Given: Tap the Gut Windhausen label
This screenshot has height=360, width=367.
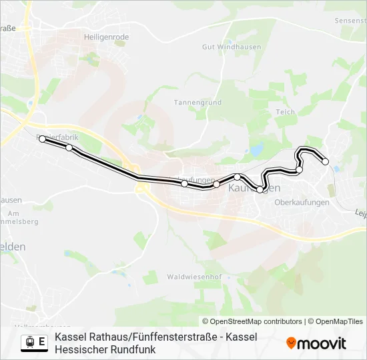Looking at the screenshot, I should (229, 47).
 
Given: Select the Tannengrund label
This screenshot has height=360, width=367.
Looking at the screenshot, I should (198, 103).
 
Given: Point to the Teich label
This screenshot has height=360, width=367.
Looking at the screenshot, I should (285, 112).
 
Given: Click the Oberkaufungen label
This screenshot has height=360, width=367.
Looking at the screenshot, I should (302, 202).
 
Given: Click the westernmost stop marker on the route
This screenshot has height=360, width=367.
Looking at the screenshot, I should (42, 139).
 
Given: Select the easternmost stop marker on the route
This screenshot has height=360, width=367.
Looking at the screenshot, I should (326, 161).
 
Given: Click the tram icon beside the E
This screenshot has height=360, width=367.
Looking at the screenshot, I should (29, 343).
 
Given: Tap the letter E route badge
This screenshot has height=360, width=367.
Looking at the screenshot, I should (42, 343).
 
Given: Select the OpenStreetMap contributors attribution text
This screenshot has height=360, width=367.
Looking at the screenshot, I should (252, 321).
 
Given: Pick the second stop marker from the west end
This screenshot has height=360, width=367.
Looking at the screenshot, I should (69, 147).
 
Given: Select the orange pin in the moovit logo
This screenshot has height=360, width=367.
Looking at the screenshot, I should (291, 343).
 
